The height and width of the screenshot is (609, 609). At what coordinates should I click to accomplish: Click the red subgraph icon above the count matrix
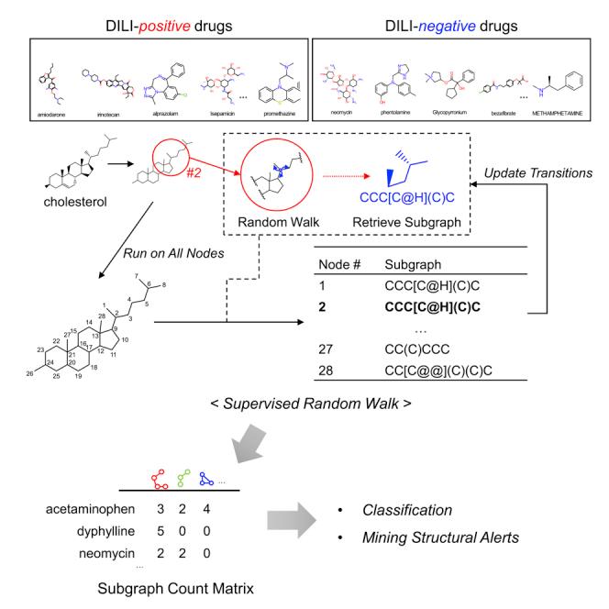pos(160,481)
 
